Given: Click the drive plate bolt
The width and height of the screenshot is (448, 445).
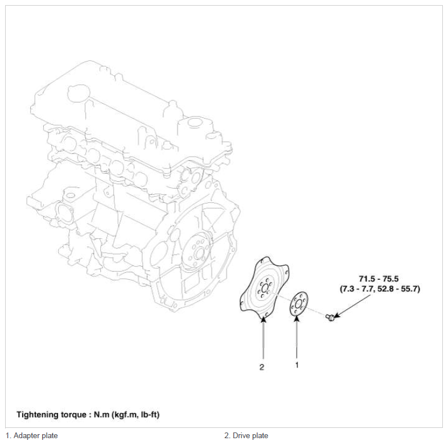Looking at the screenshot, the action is point(330,317).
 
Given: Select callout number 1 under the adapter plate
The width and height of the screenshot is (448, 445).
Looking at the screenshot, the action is point(297,365).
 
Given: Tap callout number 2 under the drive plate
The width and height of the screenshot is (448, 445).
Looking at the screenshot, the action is point(262,367).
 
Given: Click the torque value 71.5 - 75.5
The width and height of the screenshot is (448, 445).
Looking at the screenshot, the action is point(379,279).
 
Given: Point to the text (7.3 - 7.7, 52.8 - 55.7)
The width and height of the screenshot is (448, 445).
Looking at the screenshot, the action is point(380,289).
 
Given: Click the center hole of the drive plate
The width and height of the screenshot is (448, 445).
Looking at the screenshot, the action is point(265,288).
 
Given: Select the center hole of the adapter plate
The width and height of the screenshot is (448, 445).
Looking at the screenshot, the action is point(298,304).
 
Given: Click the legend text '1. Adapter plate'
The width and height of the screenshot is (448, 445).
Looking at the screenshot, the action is point(32,435).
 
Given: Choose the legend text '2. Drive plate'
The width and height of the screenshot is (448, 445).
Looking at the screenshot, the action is point(246,435).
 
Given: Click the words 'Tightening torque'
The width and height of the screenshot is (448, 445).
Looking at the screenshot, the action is point(51,414).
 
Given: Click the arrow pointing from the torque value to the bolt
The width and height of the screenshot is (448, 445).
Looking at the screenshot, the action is point(352,305).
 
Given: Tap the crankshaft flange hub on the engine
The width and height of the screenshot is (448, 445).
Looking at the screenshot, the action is point(199,253).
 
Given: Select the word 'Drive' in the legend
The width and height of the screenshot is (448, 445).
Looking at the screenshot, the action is point(241,435).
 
